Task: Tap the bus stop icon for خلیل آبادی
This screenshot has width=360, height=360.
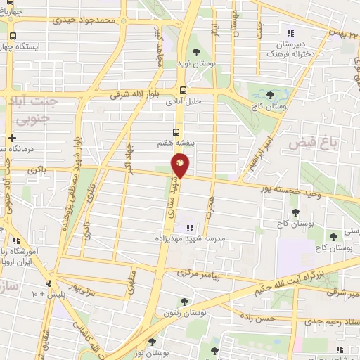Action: pyautogui.click(x=183, y=89)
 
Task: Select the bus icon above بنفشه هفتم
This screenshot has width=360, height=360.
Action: pyautogui.click(x=175, y=131)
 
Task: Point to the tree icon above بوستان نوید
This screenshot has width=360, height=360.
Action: pyautogui.click(x=196, y=51)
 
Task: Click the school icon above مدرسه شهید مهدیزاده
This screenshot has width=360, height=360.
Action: pyautogui.click(x=189, y=227)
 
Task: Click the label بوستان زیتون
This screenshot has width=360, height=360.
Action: pyautogui.click(x=184, y=314)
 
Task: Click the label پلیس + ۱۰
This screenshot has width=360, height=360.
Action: pyautogui.click(x=47, y=293)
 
